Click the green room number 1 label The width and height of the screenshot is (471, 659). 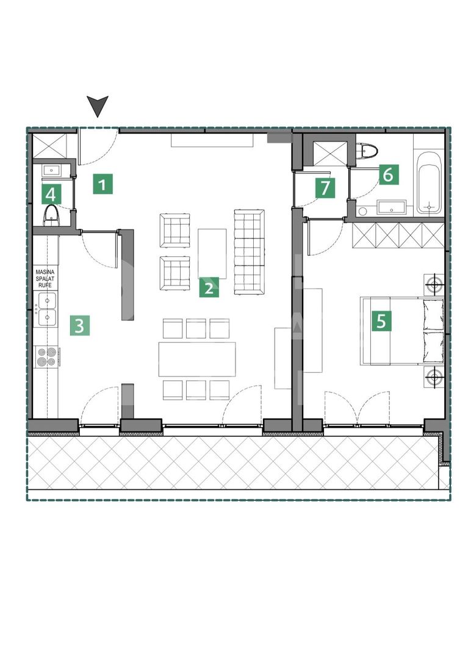[x=103, y=184]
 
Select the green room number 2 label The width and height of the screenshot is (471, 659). [x=209, y=287]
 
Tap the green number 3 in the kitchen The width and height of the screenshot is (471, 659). [x=79, y=325]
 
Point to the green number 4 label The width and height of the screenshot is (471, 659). [x=51, y=195]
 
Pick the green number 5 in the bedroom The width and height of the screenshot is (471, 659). [x=381, y=320]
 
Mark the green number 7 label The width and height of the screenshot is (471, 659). [x=325, y=188]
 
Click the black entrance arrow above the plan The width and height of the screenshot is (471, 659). [x=98, y=106]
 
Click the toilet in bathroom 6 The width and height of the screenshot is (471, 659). [x=368, y=149]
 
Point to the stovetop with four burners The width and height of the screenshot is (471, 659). [x=46, y=356]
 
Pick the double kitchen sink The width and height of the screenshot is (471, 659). [x=46, y=309]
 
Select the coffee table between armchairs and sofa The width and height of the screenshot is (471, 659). [x=212, y=253]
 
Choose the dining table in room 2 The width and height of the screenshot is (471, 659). [x=196, y=359]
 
